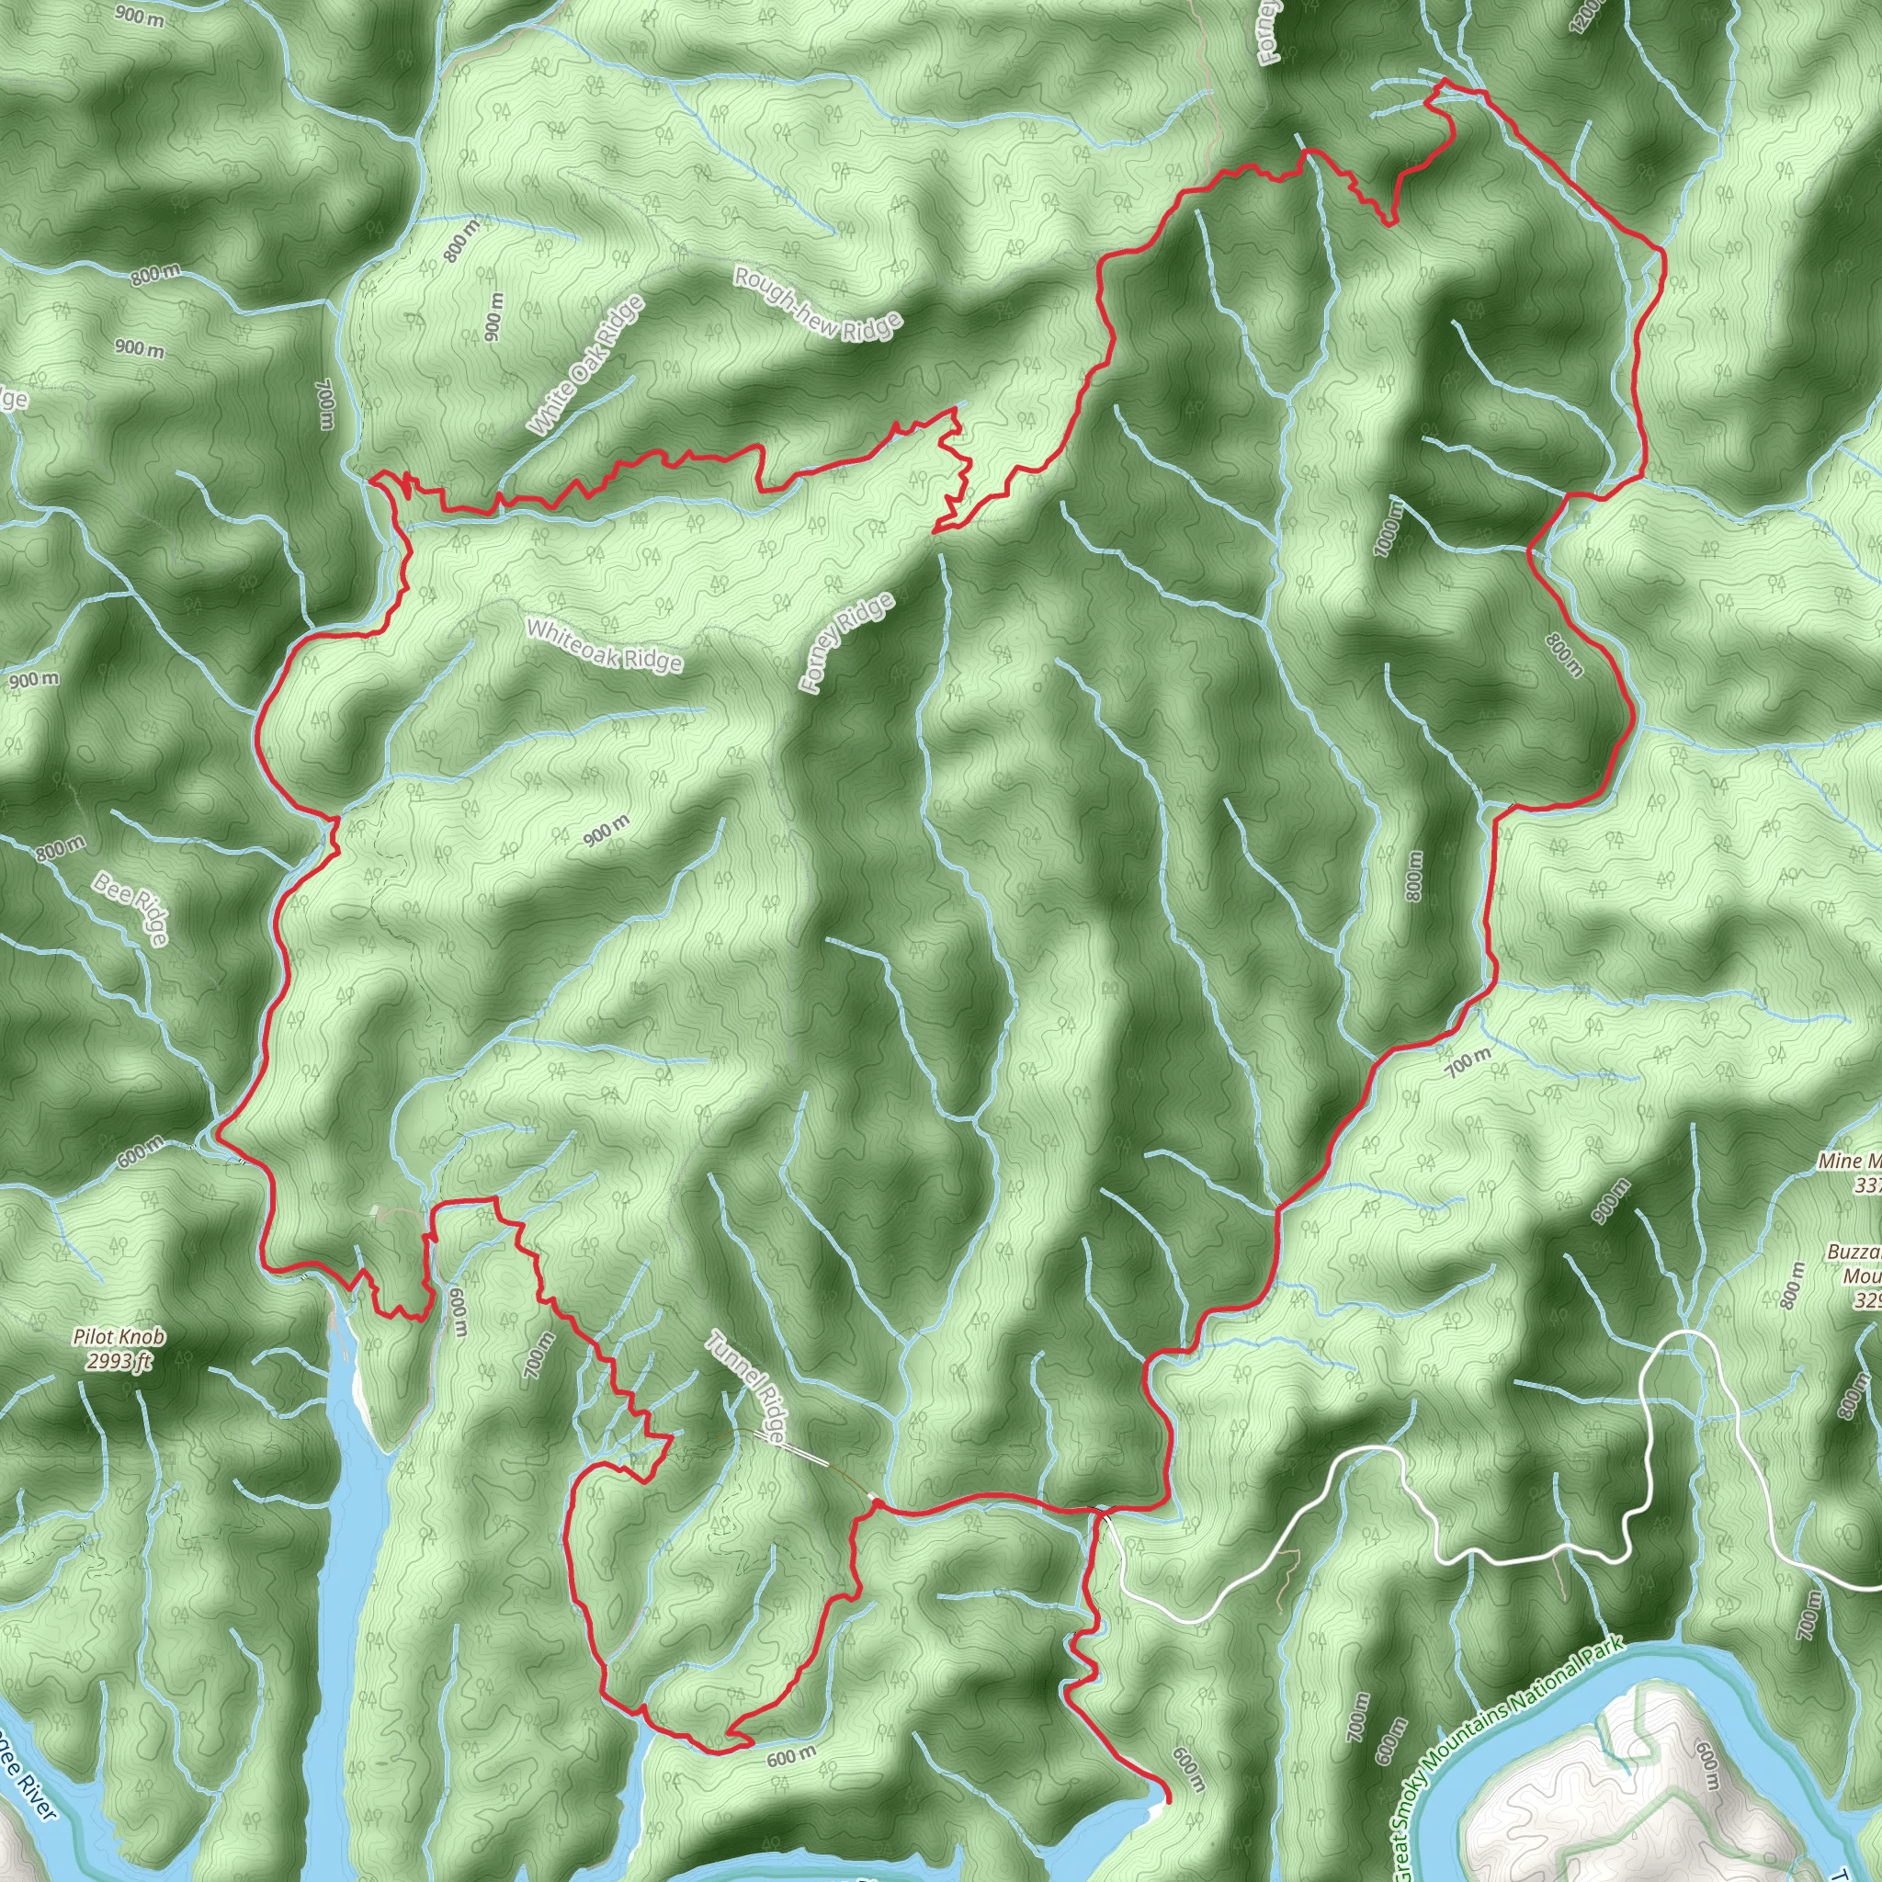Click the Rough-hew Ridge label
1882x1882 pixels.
coord(817,305)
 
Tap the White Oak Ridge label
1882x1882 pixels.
coord(587,366)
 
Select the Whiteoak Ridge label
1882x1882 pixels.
coord(604,645)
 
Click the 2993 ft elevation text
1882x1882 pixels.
coord(119,1361)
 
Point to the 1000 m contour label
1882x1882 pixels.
coord(1390,527)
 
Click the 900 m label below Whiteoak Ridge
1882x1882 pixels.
coord(606,831)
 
